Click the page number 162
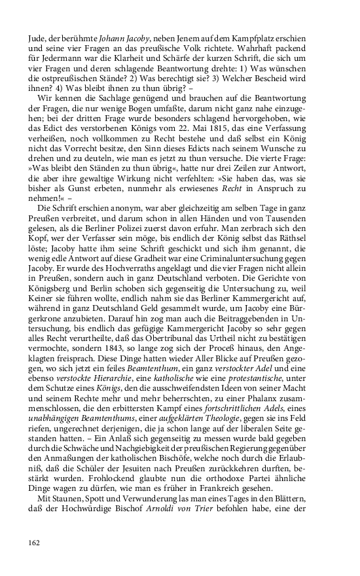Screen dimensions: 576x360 (x=35, y=542)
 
